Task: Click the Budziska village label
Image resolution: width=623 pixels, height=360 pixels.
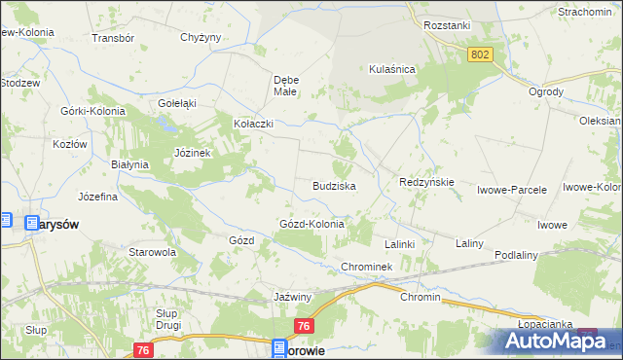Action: [x=333, y=185]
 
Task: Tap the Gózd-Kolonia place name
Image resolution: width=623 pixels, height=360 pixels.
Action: [x=312, y=224]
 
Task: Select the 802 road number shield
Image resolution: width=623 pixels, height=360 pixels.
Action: [x=479, y=55]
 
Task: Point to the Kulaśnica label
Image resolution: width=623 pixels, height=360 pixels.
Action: [x=392, y=69]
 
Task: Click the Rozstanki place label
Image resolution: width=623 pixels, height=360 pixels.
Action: [x=447, y=26]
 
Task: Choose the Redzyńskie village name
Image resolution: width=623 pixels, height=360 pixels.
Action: [x=426, y=182]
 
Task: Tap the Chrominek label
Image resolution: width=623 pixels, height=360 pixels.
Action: [x=366, y=267]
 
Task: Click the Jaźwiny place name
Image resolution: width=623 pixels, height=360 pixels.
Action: [x=292, y=296]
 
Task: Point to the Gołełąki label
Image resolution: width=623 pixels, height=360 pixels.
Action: [x=177, y=103]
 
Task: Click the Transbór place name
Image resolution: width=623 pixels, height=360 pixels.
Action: [x=111, y=38]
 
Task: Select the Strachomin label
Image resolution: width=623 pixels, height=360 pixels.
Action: [x=583, y=12]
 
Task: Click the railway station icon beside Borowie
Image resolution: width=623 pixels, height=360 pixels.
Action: [x=279, y=346]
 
